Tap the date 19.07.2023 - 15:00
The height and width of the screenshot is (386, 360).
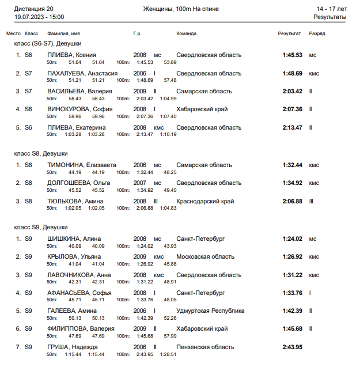39,17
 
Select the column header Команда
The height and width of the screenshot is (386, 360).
186,33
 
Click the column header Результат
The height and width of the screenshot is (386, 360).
289,33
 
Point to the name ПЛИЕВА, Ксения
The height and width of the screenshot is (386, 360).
71,55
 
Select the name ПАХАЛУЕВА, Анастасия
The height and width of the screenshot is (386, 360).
82,73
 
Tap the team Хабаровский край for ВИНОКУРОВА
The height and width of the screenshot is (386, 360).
202,109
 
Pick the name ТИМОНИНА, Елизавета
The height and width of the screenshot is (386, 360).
82,165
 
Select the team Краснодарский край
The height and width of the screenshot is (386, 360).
205,201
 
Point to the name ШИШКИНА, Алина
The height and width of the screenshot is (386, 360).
74,239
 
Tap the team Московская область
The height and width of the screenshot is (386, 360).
205,256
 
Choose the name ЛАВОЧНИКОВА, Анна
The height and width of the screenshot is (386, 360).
79,275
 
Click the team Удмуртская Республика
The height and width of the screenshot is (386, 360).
210,311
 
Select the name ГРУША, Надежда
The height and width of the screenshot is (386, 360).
73,347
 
